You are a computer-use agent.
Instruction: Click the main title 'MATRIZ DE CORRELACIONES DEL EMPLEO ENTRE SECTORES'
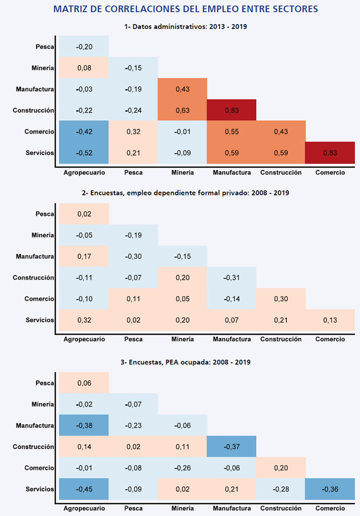[x=186, y=9]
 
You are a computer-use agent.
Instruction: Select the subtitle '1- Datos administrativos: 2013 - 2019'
[x=186, y=26]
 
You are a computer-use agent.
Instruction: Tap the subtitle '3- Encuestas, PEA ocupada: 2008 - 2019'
[x=186, y=362]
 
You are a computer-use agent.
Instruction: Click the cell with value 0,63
[x=183, y=110]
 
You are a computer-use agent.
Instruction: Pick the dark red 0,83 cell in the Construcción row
[x=231, y=110]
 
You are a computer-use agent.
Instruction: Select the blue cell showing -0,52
[x=84, y=153]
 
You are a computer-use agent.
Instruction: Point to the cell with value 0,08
[x=84, y=68]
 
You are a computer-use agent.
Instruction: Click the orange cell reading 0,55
[x=231, y=132]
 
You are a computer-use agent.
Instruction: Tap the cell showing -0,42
[x=84, y=132]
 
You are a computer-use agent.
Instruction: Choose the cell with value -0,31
[x=231, y=278]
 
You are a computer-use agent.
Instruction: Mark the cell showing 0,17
[x=84, y=256]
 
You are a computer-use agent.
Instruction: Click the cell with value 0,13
[x=330, y=320]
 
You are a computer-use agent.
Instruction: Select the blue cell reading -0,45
[x=84, y=489]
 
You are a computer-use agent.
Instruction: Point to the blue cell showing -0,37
[x=231, y=447]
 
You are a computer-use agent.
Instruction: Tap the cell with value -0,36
[x=330, y=489]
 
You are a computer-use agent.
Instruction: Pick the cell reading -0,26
[x=183, y=468]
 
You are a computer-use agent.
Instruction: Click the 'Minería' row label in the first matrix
[x=42, y=68]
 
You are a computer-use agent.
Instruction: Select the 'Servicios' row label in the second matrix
[x=40, y=320]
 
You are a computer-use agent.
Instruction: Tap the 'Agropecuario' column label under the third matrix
[x=84, y=508]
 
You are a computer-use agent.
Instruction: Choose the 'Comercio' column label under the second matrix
[x=330, y=339]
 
